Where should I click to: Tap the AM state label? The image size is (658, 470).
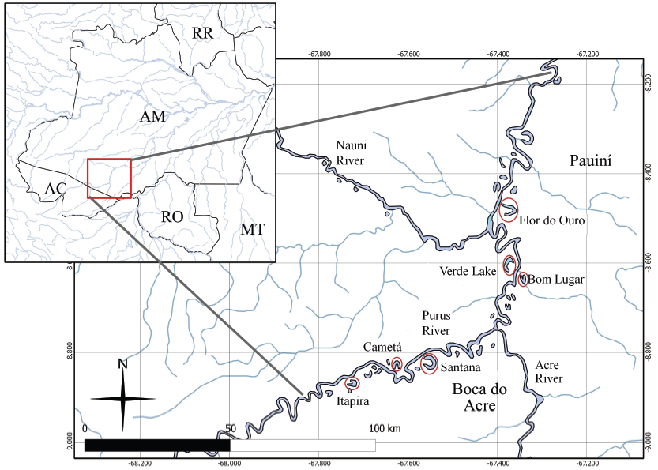[152, 116]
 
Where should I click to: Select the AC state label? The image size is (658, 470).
[55, 189]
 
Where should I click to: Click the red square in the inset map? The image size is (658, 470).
[109, 179]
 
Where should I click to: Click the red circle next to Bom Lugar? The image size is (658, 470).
[524, 278]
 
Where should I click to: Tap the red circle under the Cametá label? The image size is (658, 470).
[397, 363]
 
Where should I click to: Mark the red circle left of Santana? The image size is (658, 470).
[430, 364]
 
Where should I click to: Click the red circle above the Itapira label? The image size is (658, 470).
[354, 383]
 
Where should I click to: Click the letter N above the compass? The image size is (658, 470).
[122, 363]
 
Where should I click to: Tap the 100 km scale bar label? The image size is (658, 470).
[385, 428]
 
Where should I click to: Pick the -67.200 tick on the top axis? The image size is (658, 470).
[588, 54]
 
